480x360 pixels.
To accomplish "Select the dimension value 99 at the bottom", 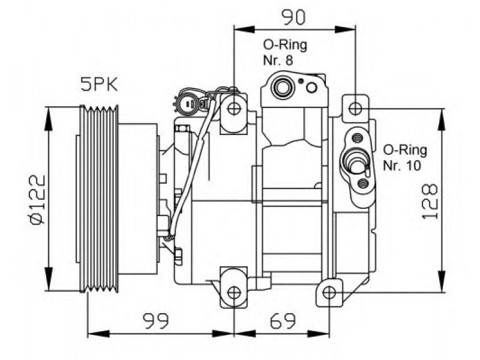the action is [x=156, y=320].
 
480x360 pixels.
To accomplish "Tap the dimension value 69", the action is [x=283, y=320].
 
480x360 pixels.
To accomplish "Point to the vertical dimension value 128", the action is [x=430, y=201].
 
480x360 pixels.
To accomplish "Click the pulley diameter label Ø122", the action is [x=38, y=199].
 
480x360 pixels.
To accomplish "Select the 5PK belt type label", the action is [x=99, y=84].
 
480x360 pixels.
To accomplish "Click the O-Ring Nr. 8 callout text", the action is [x=284, y=53].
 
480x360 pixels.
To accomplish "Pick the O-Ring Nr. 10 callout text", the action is [x=404, y=158].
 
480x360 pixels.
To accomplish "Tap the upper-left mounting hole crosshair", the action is [x=234, y=108].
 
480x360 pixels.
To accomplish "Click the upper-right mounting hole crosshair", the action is [x=355, y=109].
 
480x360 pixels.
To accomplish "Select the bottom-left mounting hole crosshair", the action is [x=234, y=293].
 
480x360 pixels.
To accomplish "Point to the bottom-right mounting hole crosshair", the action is [x=329, y=293].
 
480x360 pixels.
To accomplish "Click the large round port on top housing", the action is [x=283, y=87].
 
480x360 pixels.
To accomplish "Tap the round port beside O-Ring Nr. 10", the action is [x=356, y=160].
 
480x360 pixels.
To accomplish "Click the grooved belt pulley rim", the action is [x=98, y=199].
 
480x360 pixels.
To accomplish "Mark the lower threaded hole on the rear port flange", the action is [x=363, y=184].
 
